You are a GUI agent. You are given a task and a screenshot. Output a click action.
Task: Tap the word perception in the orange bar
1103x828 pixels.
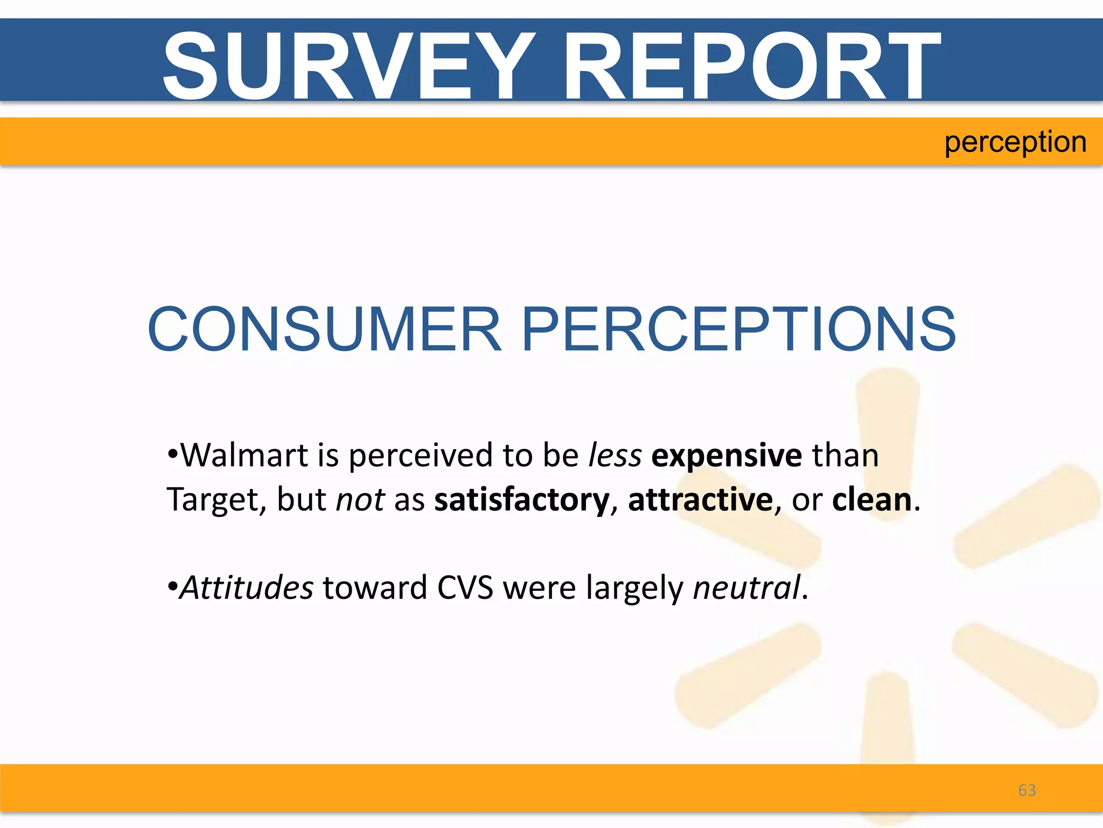click(1015, 143)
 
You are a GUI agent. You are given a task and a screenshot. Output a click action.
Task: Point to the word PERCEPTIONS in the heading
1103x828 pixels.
click(739, 329)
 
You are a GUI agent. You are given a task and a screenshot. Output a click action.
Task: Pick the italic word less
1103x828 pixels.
click(615, 456)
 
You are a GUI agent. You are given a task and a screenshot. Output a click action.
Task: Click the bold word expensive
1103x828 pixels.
click(727, 456)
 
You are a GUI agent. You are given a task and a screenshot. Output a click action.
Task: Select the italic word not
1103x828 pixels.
click(360, 500)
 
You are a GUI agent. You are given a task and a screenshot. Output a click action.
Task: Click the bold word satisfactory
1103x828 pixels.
click(522, 500)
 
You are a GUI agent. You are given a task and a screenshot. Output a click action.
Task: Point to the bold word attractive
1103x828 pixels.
click(700, 500)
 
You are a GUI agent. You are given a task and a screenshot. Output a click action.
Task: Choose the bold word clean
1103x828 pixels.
click(871, 500)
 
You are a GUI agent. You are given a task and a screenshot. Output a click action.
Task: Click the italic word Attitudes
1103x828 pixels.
click(246, 588)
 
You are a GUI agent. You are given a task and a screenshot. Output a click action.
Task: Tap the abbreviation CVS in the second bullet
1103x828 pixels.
click(465, 588)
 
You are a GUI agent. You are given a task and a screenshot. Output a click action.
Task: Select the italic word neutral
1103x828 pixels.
click(746, 588)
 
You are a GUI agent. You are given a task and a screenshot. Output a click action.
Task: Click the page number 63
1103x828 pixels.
click(1027, 790)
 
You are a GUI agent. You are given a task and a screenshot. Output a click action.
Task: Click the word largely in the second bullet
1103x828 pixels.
click(634, 589)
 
